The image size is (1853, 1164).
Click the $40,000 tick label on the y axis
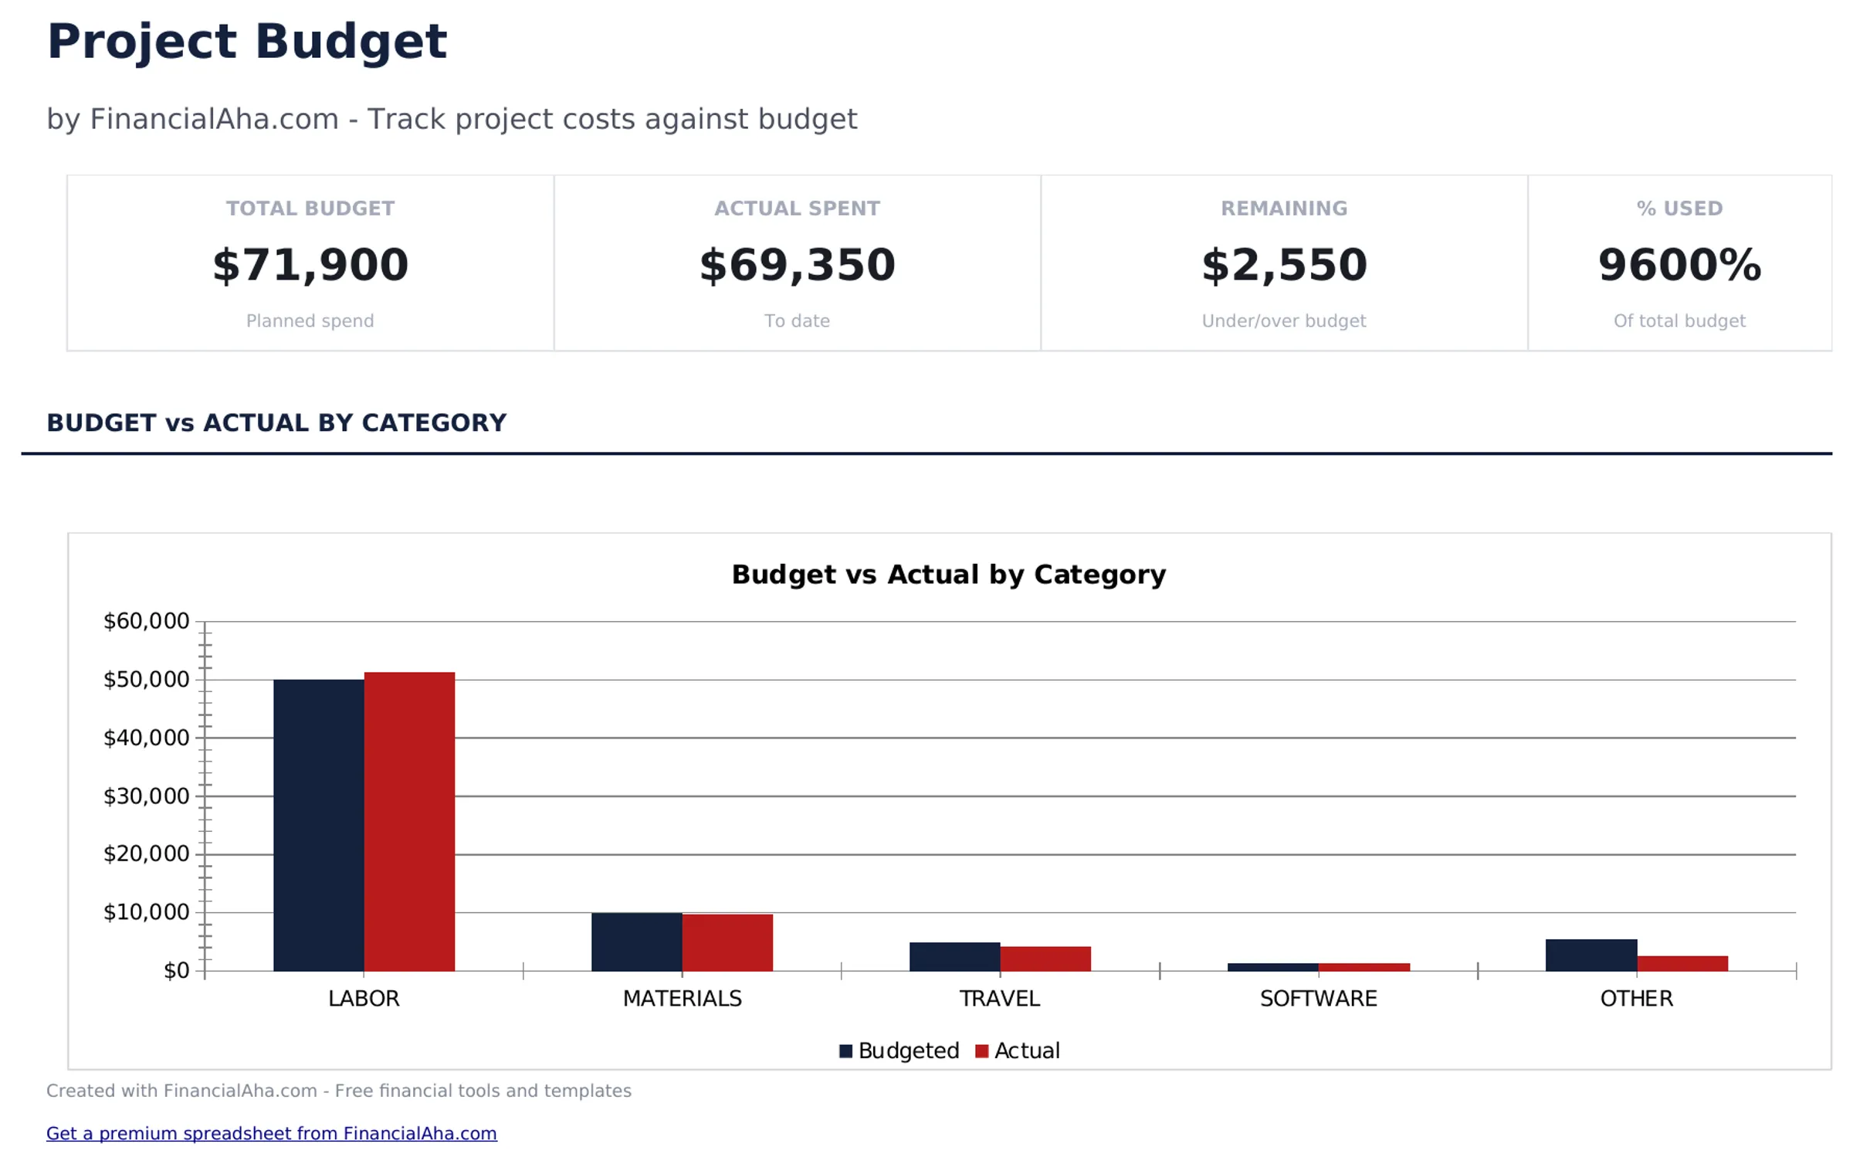146,738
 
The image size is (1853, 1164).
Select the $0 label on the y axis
176,970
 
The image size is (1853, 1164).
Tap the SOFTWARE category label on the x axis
1318,998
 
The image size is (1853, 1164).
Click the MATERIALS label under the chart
682,998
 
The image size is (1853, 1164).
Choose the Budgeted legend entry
899,1050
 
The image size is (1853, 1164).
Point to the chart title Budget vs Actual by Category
948,574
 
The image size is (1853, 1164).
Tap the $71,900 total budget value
310,265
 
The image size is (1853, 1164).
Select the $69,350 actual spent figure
797,265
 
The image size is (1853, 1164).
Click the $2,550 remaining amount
1283,265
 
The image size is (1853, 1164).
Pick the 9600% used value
1679,265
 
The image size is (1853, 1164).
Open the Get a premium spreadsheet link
271,1133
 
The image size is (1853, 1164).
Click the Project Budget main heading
246,41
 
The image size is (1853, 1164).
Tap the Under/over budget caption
1283,321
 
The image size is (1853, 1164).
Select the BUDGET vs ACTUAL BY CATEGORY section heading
276,423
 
